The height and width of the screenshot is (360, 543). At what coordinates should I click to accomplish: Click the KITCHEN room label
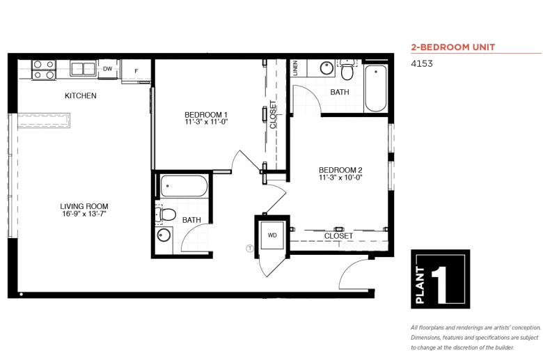81,95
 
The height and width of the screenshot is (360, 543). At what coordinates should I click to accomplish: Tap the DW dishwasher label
108,69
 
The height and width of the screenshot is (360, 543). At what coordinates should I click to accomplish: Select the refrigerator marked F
136,71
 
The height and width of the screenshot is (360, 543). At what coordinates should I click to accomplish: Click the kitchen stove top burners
44,70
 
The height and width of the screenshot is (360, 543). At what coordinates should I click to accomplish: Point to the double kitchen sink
83,68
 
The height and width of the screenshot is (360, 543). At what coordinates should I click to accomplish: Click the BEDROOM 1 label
206,114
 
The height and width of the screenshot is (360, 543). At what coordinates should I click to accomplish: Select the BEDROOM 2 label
340,170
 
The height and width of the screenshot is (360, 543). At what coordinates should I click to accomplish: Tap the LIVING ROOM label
84,206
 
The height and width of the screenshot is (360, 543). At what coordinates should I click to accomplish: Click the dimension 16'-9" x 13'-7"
84,214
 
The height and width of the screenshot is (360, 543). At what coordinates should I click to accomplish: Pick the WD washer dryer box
272,235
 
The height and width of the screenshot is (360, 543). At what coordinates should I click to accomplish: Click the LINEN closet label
295,68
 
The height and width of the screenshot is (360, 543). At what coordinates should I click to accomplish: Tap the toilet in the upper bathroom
347,70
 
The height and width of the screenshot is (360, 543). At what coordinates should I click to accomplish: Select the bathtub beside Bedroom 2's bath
376,88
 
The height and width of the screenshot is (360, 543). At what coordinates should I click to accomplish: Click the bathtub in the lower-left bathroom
184,186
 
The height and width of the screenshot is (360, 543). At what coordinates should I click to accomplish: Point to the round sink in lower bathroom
164,235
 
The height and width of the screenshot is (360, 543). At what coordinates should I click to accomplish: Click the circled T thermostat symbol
250,248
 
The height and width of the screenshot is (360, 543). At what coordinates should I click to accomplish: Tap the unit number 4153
422,63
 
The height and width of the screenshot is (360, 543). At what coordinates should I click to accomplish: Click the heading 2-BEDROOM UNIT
453,47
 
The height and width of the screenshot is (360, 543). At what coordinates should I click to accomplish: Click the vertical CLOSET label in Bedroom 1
273,115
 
